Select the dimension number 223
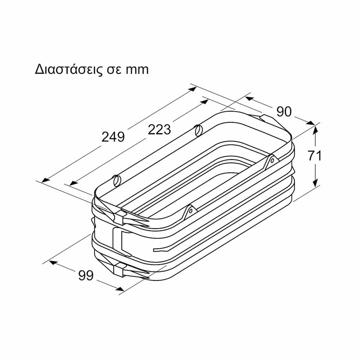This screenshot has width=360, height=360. [160, 130]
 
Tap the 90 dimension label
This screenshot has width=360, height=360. [283, 111]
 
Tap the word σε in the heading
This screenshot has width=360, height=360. [115, 70]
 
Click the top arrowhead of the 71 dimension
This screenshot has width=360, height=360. [316, 129]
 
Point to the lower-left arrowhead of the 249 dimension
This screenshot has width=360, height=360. [45, 180]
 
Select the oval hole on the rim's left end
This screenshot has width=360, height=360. [116, 180]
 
